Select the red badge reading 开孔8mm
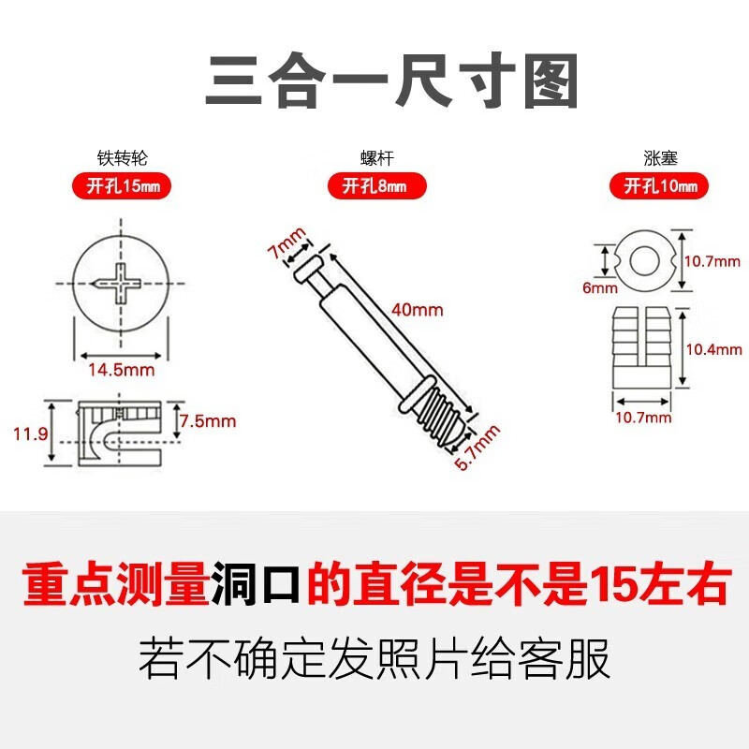(x=374, y=186)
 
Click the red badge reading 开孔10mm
(x=661, y=186)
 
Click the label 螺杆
(x=374, y=159)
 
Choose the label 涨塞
(x=661, y=159)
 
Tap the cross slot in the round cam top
(x=121, y=282)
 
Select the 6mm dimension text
(x=595, y=288)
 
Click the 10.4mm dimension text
(x=713, y=349)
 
